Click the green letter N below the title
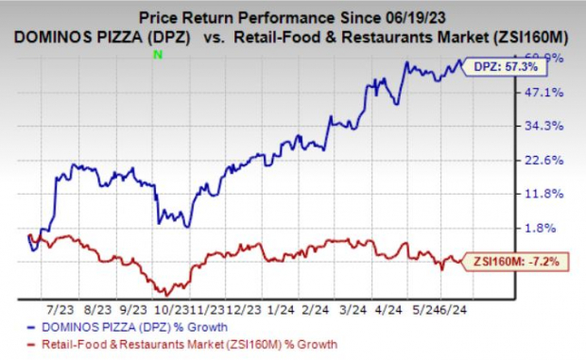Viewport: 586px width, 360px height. (x=159, y=56)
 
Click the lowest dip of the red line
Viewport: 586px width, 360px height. (x=166, y=294)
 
